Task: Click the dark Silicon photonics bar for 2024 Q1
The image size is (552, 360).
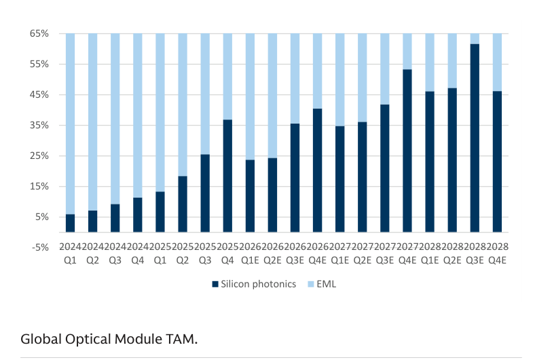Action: [70, 223]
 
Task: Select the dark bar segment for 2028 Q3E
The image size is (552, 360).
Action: [475, 138]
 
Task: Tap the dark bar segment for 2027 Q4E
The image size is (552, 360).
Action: [407, 151]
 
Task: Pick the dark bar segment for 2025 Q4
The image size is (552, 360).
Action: [227, 176]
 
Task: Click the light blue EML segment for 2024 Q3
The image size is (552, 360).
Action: [115, 119]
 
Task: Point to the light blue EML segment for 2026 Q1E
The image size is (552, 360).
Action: [250, 96]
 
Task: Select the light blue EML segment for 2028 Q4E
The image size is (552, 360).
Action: [497, 62]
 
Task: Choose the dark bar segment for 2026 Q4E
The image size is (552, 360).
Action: [317, 170]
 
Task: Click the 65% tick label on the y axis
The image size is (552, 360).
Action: [39, 33]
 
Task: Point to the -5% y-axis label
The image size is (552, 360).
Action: [40, 247]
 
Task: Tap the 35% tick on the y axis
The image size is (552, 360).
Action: [39, 126]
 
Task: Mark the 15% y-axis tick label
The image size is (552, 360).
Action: [39, 186]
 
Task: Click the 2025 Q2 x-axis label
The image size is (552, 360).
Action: [183, 253]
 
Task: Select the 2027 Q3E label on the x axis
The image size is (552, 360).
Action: [385, 253]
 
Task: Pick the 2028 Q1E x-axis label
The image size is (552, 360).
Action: [430, 253]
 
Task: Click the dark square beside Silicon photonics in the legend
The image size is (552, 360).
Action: [215, 284]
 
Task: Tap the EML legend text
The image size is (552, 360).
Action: [327, 284]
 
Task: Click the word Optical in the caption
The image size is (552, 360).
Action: [88, 339]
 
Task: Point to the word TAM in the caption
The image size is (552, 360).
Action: [180, 339]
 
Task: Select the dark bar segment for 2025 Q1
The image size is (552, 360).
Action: [160, 212]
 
